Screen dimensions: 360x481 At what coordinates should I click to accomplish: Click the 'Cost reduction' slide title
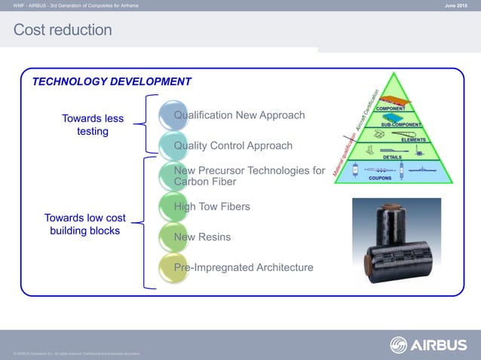click(x=63, y=30)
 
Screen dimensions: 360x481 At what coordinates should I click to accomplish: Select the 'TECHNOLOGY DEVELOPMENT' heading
click(x=112, y=81)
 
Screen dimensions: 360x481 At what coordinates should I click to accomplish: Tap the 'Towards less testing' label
click(x=93, y=125)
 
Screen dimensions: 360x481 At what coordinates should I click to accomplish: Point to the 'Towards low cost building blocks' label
click(x=84, y=224)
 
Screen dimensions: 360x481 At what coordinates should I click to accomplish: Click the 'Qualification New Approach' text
click(x=239, y=115)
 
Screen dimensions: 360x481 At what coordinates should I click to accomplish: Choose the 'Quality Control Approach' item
click(x=233, y=145)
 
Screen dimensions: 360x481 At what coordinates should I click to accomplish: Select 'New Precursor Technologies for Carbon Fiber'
click(x=249, y=176)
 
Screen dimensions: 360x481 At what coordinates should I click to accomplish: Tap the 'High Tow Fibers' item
click(x=212, y=206)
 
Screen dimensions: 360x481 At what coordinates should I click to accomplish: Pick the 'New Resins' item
click(x=202, y=237)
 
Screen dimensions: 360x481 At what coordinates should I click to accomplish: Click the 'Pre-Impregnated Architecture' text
click(x=244, y=267)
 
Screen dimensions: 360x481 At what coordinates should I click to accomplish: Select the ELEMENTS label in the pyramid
click(x=413, y=140)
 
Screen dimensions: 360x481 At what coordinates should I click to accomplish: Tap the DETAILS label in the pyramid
click(x=392, y=157)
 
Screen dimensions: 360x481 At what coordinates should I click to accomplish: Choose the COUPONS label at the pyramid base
click(x=379, y=178)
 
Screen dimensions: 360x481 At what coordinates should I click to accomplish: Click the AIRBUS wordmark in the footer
click(x=440, y=345)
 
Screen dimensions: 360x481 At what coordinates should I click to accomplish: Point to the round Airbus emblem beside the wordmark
click(x=399, y=345)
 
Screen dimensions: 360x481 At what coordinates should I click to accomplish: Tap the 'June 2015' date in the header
click(x=457, y=6)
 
